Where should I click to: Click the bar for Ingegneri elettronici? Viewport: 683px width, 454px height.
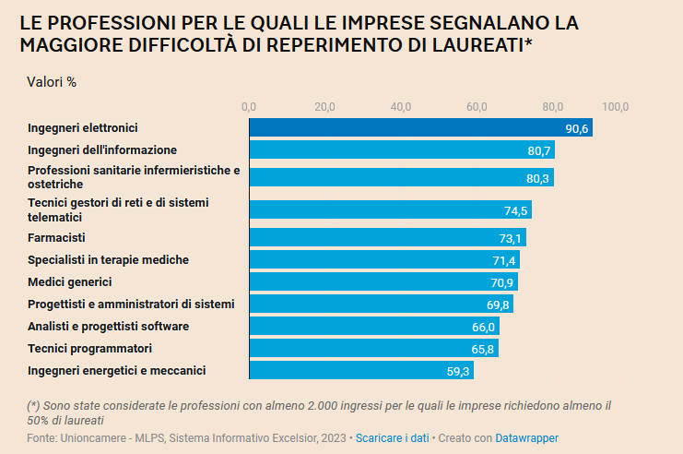tap(420, 128)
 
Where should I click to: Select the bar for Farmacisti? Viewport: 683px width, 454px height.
tap(387, 238)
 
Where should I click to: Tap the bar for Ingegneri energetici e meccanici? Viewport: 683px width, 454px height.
tap(361, 371)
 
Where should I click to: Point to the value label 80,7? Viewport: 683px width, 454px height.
tap(540, 150)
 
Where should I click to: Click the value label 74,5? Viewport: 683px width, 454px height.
tap(515, 210)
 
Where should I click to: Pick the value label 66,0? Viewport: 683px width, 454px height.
tap(484, 327)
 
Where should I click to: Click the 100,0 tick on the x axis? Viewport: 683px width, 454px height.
tap(616, 107)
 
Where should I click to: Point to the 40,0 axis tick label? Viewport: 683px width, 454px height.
tap(401, 107)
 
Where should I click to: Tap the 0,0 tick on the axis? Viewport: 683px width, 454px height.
tap(249, 107)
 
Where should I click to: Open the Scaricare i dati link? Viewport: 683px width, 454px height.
tap(392, 437)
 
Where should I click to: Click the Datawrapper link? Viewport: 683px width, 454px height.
tap(526, 437)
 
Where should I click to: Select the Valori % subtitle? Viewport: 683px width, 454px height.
tap(52, 81)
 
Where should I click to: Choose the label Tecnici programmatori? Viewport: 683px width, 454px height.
tap(89, 348)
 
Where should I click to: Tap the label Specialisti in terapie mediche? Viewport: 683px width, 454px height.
tap(108, 259)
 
